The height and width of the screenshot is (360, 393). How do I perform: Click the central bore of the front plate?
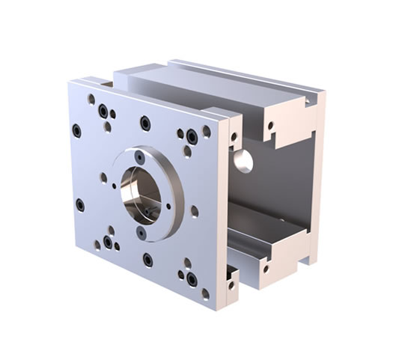(141, 193)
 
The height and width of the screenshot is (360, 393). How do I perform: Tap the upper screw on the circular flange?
(139, 157)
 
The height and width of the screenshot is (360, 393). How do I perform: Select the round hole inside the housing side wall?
(243, 159)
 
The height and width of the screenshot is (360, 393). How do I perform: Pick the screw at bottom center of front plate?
(147, 260)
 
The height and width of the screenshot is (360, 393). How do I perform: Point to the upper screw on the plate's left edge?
(76, 130)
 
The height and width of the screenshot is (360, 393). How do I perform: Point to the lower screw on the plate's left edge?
(80, 204)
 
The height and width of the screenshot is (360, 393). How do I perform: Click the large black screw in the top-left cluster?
(103, 112)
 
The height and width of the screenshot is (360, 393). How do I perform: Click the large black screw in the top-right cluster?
(192, 137)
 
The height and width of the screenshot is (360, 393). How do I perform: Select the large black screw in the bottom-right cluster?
(192, 279)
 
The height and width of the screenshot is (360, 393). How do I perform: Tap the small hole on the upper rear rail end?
(271, 126)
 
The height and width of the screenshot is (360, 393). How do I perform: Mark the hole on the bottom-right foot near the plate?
(231, 285)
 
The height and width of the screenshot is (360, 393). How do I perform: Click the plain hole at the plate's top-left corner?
(91, 99)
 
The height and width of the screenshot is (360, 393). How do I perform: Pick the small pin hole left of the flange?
(103, 178)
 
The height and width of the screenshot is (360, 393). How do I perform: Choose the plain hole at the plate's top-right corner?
(207, 131)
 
